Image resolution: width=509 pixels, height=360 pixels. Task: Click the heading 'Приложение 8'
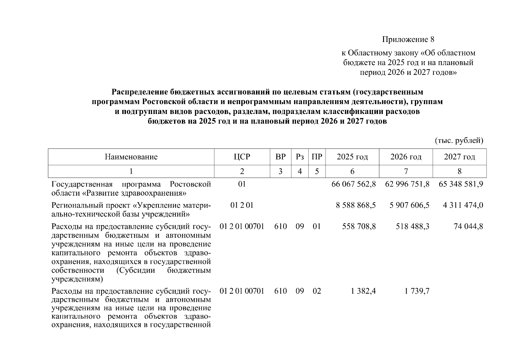pyautogui.click(x=408, y=39)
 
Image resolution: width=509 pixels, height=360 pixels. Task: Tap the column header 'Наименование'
pyautogui.click(x=131, y=157)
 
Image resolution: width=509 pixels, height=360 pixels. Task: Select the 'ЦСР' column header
pyautogui.click(x=242, y=157)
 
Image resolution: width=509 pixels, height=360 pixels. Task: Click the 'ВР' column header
pyautogui.click(x=280, y=157)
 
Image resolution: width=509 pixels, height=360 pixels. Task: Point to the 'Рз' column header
pyautogui.click(x=300, y=157)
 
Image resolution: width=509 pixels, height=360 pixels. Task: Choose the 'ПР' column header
pyautogui.click(x=317, y=157)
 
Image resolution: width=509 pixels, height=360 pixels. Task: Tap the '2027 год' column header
pyautogui.click(x=459, y=157)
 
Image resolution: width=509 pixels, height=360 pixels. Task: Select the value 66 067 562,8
pyautogui.click(x=353, y=184)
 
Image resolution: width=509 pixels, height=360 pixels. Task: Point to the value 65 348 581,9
pyautogui.click(x=460, y=184)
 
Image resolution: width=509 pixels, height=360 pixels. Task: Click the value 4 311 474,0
pyautogui.click(x=463, y=205)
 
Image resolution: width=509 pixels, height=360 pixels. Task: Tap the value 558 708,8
pyautogui.click(x=359, y=226)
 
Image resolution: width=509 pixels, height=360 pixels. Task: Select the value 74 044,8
pyautogui.click(x=468, y=226)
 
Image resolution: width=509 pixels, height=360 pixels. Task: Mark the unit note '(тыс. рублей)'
pyautogui.click(x=459, y=140)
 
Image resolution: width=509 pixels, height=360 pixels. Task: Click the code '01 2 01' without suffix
pyautogui.click(x=242, y=205)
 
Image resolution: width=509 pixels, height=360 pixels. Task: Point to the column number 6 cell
pyautogui.click(x=352, y=171)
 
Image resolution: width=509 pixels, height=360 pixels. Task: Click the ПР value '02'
pyautogui.click(x=317, y=291)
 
